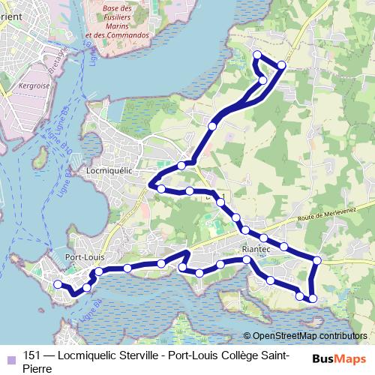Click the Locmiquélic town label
coord(109,170)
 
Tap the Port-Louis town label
coord(84,256)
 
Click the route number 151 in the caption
coord(32,355)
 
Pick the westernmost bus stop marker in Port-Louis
coord(58,283)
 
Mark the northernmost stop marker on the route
coord(257,54)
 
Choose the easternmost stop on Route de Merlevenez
coord(317,260)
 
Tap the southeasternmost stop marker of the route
coord(313,299)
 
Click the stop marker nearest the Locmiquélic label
coord(161,188)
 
